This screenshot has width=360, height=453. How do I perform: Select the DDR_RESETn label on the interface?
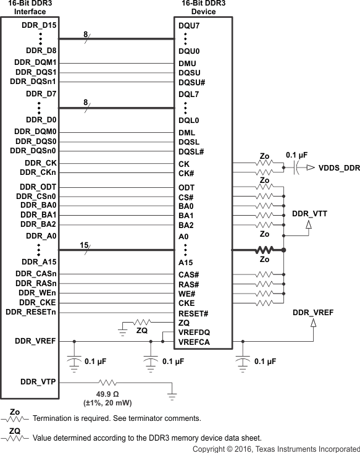(x=31, y=312)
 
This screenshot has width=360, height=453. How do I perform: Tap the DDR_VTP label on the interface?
(x=38, y=382)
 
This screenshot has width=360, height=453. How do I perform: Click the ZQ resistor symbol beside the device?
(x=141, y=321)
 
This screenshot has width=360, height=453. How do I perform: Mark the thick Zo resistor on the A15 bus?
(x=264, y=250)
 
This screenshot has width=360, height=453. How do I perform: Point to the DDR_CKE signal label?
(x=38, y=302)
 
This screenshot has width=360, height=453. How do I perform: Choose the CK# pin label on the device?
(x=186, y=172)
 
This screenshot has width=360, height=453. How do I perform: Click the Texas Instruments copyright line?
(x=275, y=448)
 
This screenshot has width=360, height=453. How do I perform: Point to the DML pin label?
(x=186, y=132)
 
